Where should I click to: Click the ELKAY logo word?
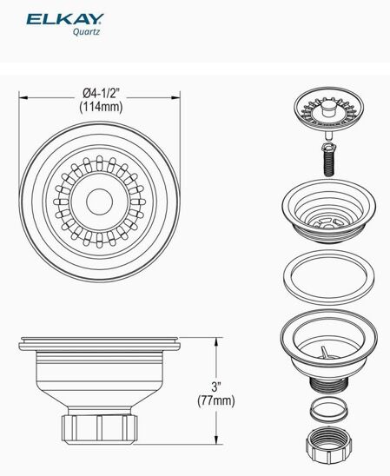coord(65,19)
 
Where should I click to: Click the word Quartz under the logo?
coord(86,31)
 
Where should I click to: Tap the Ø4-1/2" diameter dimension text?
coord(101,93)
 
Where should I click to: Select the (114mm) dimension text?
coord(101,107)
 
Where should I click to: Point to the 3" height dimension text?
coord(215,387)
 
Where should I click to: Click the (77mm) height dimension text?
coord(215,400)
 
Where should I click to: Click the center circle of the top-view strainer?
coord(100,201)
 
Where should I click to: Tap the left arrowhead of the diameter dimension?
coord(23,98)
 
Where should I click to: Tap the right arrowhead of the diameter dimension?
coord(176,98)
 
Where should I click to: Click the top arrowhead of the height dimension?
coord(216,342)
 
